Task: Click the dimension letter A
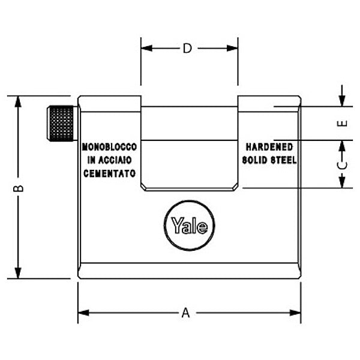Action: (186, 313)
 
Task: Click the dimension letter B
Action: (19, 188)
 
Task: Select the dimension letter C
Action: (341, 164)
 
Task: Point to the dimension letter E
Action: (341, 124)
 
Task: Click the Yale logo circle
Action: (190, 227)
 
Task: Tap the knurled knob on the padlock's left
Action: (61, 123)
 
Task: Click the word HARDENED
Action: (269, 147)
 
